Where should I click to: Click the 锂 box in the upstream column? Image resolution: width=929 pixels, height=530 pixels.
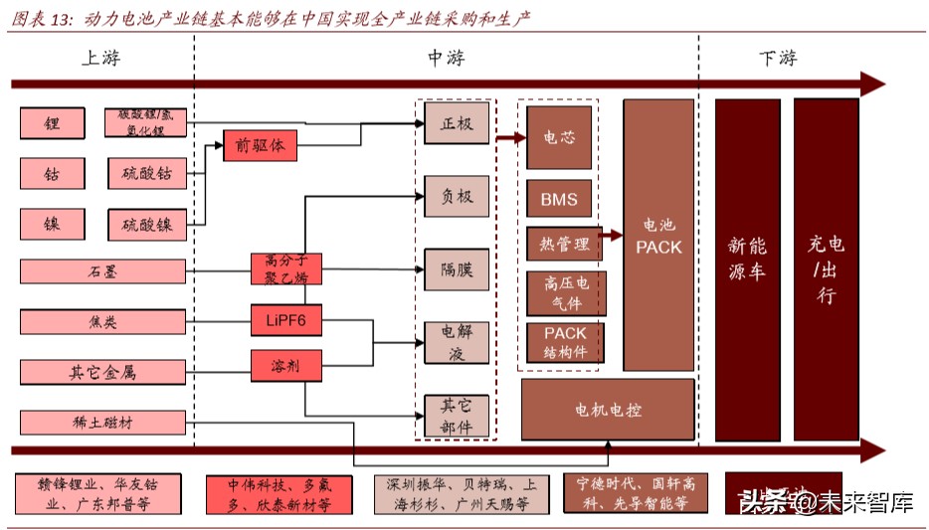(52, 123)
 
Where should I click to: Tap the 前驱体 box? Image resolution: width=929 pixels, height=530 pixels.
(260, 145)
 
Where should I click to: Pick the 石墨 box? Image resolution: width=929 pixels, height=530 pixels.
(102, 270)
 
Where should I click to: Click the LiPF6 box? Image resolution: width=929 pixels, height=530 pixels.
(286, 318)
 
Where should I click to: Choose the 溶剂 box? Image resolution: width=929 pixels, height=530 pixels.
(286, 366)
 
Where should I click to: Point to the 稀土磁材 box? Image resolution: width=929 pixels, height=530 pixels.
(102, 423)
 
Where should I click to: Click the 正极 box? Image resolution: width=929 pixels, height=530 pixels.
(457, 123)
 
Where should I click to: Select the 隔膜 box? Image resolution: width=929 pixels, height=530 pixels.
(457, 269)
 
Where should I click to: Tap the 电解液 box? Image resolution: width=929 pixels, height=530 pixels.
(457, 342)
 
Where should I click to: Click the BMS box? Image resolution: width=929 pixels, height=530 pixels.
(559, 199)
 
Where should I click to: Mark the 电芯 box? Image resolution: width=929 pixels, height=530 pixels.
(559, 138)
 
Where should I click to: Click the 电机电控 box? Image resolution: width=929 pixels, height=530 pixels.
(608, 409)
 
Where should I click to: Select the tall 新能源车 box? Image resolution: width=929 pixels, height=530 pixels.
(747, 268)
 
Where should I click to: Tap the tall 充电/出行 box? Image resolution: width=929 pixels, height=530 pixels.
(826, 268)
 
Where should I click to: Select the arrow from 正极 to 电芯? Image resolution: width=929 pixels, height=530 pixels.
(510, 138)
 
